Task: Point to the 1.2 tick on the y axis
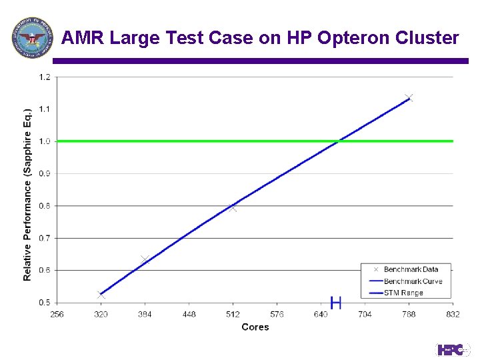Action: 44,77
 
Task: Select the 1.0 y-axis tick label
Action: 44,141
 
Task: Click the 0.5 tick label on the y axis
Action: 44,303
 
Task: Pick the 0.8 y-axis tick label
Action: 44,206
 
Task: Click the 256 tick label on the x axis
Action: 57,314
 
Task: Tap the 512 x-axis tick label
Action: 233,314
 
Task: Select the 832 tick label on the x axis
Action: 453,314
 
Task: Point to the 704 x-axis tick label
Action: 365,314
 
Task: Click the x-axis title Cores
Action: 255,327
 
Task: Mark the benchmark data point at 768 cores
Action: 409,98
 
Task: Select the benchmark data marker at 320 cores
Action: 101,295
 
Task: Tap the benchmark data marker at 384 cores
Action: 145,259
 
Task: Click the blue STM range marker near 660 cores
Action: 336,303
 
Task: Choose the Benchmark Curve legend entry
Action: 413,281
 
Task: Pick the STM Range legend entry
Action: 403,293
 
